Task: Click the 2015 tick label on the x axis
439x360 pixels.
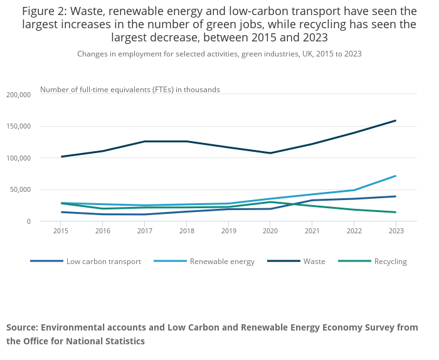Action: pyautogui.click(x=61, y=231)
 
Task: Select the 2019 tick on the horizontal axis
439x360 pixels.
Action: pyautogui.click(x=228, y=231)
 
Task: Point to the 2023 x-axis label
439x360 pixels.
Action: pyautogui.click(x=396, y=231)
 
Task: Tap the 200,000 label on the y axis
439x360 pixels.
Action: pyautogui.click(x=18, y=95)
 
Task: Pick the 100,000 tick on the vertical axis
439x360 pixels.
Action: pyautogui.click(x=18, y=158)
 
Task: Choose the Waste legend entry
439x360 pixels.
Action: pyautogui.click(x=313, y=262)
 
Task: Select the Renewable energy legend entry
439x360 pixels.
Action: pyautogui.click(x=222, y=262)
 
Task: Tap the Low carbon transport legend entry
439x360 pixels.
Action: pyautogui.click(x=103, y=262)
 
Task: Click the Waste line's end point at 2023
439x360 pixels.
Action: pyautogui.click(x=396, y=120)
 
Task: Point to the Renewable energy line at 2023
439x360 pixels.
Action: pyautogui.click(x=396, y=176)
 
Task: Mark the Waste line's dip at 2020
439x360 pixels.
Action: pyautogui.click(x=270, y=153)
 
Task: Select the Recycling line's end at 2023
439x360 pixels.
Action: pyautogui.click(x=396, y=212)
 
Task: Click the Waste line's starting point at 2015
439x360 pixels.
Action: pyautogui.click(x=61, y=157)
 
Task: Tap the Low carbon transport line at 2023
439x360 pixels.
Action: pyautogui.click(x=396, y=196)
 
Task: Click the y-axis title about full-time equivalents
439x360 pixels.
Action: pyautogui.click(x=130, y=90)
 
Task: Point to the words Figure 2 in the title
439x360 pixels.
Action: pyautogui.click(x=45, y=11)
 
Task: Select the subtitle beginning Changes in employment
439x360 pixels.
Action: pyautogui.click(x=219, y=54)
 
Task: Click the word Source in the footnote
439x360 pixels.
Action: pyautogui.click(x=21, y=327)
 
